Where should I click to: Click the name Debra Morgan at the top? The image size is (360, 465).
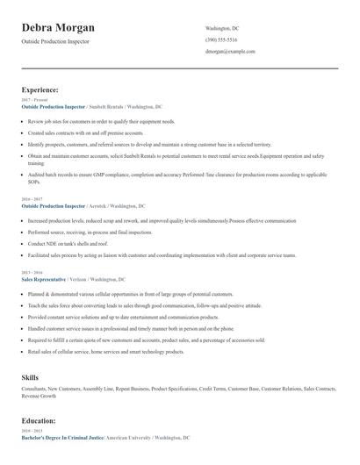click(58, 28)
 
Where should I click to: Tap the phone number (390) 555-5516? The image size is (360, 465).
click(222, 40)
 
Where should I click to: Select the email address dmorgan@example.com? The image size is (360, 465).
click(230, 53)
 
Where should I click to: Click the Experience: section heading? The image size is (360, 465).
click(40, 89)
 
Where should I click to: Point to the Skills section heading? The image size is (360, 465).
click(30, 376)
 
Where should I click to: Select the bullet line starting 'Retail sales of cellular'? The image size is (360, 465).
click(105, 351)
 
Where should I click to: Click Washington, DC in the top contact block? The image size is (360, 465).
click(222, 28)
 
